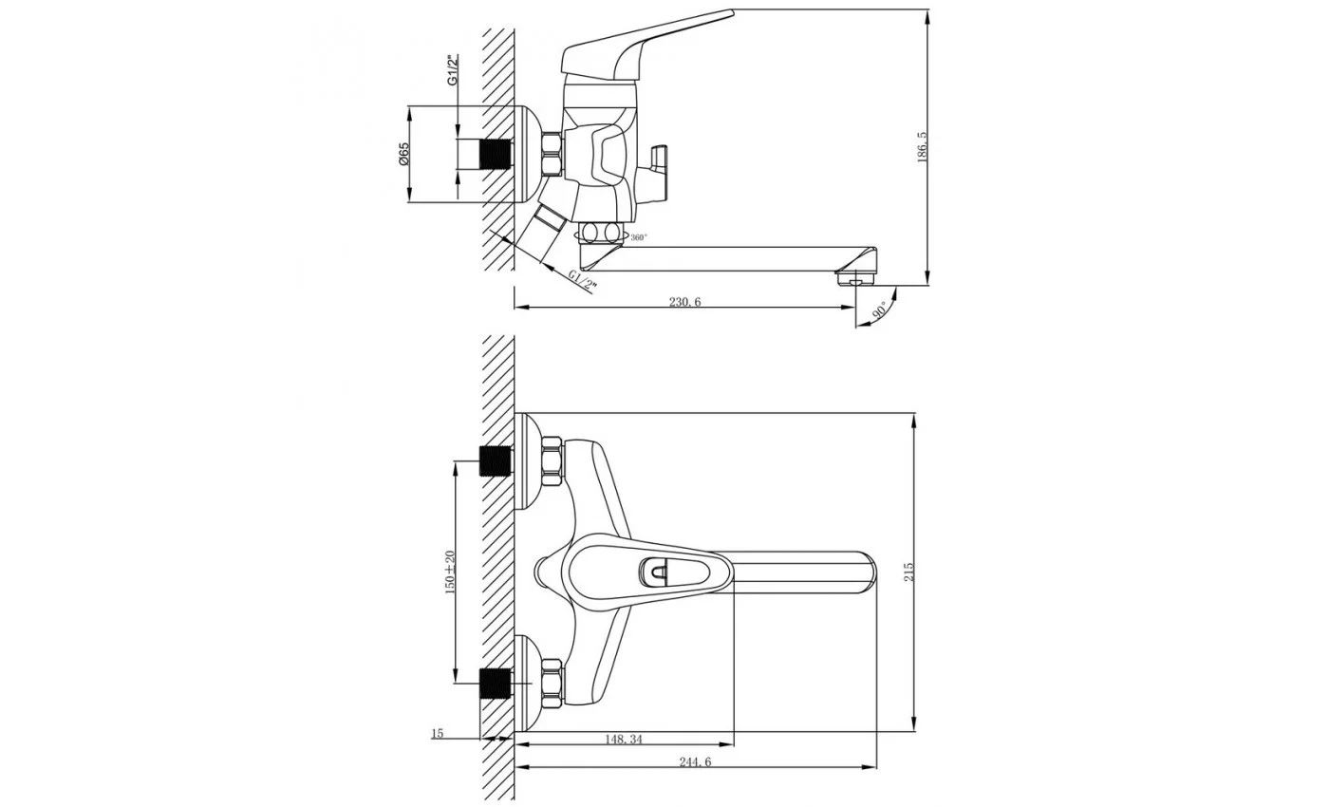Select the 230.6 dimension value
tap(685, 302)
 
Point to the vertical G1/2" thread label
tap(453, 71)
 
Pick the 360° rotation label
tap(639, 237)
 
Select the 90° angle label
tap(880, 310)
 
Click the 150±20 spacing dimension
tap(449, 572)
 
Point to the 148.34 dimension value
tap(624, 740)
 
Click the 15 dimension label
tap(437, 733)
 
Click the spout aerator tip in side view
tap(855, 278)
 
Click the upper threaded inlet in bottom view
tap(496, 461)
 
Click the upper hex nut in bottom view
tap(552, 461)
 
